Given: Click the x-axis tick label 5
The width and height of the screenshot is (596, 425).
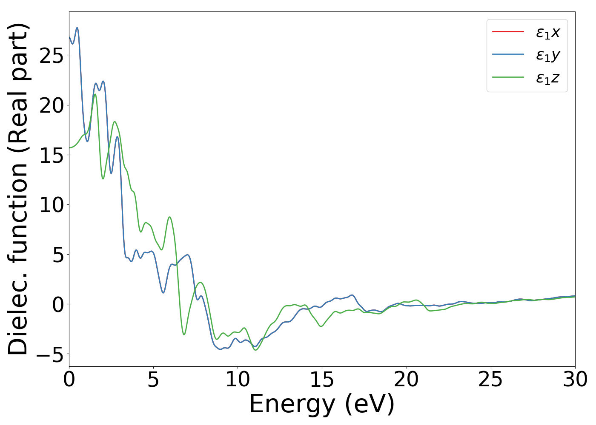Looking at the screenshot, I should tap(153, 380).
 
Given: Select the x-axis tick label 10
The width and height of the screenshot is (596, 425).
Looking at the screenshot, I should tap(238, 380).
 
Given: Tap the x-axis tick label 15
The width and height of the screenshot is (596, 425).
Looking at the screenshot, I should tap(322, 380).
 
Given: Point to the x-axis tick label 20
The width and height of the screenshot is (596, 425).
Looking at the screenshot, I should tap(406, 380).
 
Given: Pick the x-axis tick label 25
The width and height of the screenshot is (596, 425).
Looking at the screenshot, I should tap(490, 380).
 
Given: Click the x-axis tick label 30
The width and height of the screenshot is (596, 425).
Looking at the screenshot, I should tap(575, 380).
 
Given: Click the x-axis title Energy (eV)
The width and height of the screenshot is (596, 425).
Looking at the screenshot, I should tap(322, 404).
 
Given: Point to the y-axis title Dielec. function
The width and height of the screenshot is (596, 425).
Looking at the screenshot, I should tap(18, 189).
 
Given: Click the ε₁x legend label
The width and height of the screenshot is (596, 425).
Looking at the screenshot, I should tap(548, 32).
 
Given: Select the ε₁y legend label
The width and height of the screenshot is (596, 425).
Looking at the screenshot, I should tap(548, 55).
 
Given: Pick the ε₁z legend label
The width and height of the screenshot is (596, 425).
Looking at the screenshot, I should tap(548, 78).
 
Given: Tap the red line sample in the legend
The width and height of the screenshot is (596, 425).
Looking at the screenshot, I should tap(508, 31).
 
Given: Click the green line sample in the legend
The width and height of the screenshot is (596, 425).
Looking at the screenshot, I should tap(508, 77).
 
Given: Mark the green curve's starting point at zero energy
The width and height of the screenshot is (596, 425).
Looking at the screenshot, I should tap(69, 147).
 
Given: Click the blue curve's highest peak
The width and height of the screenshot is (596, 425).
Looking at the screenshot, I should tap(77, 28).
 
